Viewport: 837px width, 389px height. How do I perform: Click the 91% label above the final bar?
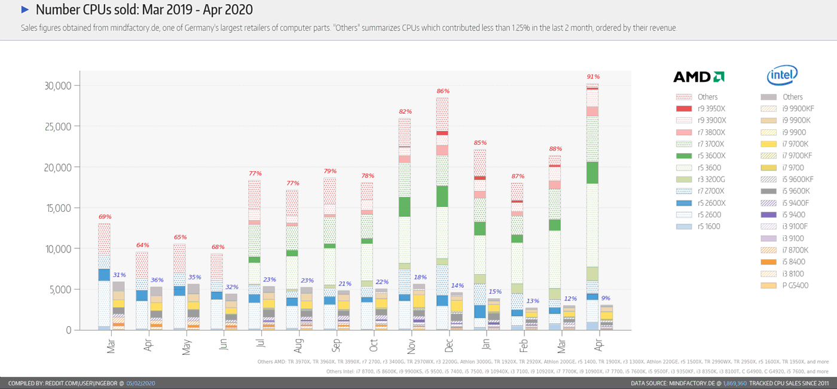tap(593, 77)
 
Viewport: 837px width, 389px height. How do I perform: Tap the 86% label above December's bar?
tap(443, 91)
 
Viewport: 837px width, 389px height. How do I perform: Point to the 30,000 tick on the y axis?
tap(58, 86)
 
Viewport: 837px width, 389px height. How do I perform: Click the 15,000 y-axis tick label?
tap(58, 208)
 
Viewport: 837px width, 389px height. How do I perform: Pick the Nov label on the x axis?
tap(411, 347)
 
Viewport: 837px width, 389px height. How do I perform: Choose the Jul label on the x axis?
tap(261, 346)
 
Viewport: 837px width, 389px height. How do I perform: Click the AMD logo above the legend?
tap(698, 77)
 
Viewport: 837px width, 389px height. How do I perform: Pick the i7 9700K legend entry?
tap(795, 144)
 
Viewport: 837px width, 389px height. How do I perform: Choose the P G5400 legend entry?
tap(795, 285)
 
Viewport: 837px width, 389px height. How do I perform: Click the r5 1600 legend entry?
tap(708, 226)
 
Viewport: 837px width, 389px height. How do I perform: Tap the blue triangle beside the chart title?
tap(25, 10)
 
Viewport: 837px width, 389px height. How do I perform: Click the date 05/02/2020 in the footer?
tap(140, 383)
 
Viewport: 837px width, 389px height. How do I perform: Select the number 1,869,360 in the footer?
tap(735, 383)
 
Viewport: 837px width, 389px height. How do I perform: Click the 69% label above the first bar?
tap(105, 217)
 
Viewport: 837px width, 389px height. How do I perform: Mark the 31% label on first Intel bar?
tap(119, 275)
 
